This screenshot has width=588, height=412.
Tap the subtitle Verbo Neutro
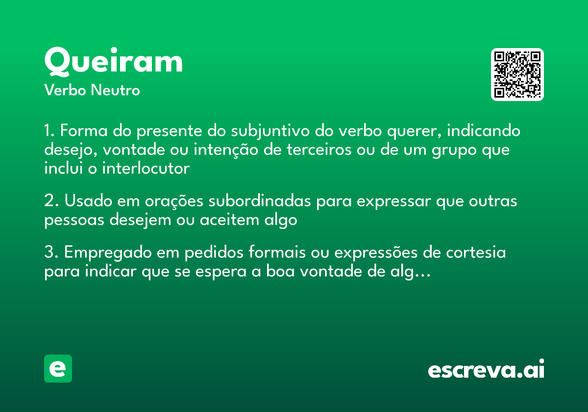click(92, 90)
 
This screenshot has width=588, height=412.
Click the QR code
click(517, 75)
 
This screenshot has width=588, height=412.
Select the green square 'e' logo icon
click(58, 368)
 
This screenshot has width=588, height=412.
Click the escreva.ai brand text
click(486, 370)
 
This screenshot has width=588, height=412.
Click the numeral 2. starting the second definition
click(51, 202)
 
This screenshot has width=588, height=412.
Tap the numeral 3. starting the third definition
click(51, 253)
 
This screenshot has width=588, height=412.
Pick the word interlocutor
click(146, 168)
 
